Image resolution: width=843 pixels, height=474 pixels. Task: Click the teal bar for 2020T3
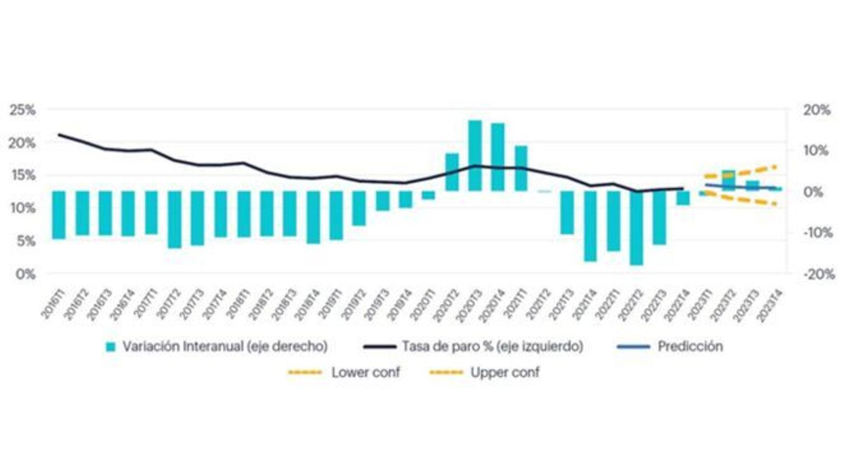475,155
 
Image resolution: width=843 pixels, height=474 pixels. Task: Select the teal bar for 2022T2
636,228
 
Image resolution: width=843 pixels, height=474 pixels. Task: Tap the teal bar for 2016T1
59,215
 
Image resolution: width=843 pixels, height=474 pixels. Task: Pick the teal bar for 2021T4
590,226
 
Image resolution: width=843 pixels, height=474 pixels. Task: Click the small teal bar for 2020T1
428,195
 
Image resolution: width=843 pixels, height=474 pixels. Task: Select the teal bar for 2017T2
174,219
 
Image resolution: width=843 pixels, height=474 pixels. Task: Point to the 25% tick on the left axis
23,110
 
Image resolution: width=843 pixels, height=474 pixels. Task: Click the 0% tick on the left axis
25,274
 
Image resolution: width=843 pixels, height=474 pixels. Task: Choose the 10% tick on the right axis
816,151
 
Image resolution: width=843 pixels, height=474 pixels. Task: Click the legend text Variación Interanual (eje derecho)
225,347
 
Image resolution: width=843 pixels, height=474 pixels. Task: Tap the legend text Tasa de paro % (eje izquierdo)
492,347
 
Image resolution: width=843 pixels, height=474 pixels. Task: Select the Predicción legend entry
690,347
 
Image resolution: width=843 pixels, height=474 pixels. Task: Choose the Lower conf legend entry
365,372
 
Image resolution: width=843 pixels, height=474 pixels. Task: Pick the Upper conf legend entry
505,372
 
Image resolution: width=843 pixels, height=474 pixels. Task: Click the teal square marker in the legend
111,347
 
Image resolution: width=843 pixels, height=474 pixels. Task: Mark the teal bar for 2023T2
729,180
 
